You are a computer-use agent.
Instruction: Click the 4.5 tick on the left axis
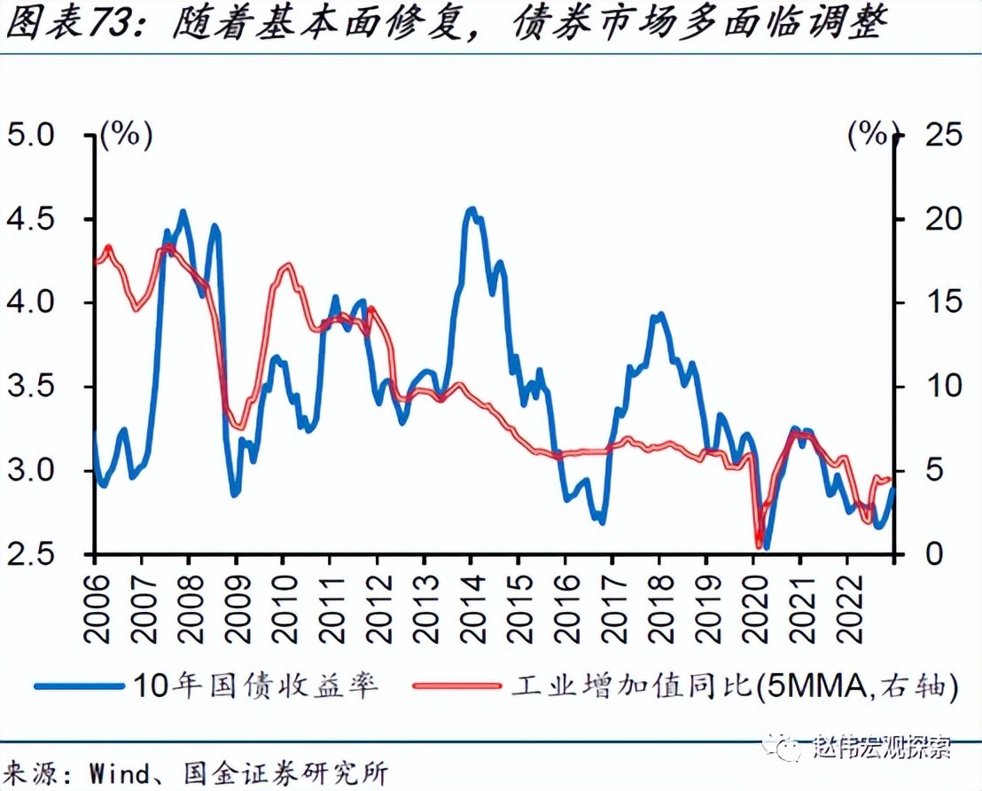29,219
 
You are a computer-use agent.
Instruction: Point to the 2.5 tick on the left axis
29,554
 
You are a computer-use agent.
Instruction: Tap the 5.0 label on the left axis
29,136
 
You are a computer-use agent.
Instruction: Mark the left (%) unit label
127,136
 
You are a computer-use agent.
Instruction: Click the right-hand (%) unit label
866,136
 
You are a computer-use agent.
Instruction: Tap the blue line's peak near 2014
472,210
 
